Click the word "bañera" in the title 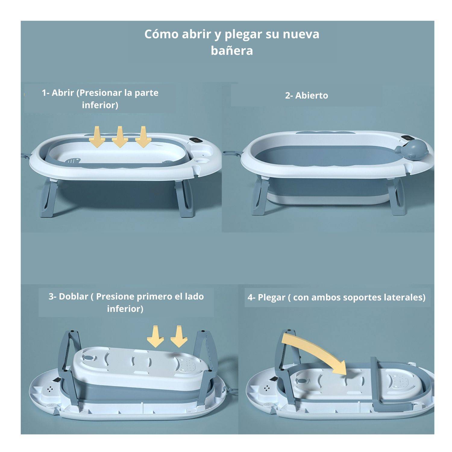232,50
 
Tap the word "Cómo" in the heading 161,34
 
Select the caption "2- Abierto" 306,96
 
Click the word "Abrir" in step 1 63,93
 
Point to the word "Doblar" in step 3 73,297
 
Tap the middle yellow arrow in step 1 120,137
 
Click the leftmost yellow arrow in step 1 97,137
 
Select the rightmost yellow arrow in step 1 143,137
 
